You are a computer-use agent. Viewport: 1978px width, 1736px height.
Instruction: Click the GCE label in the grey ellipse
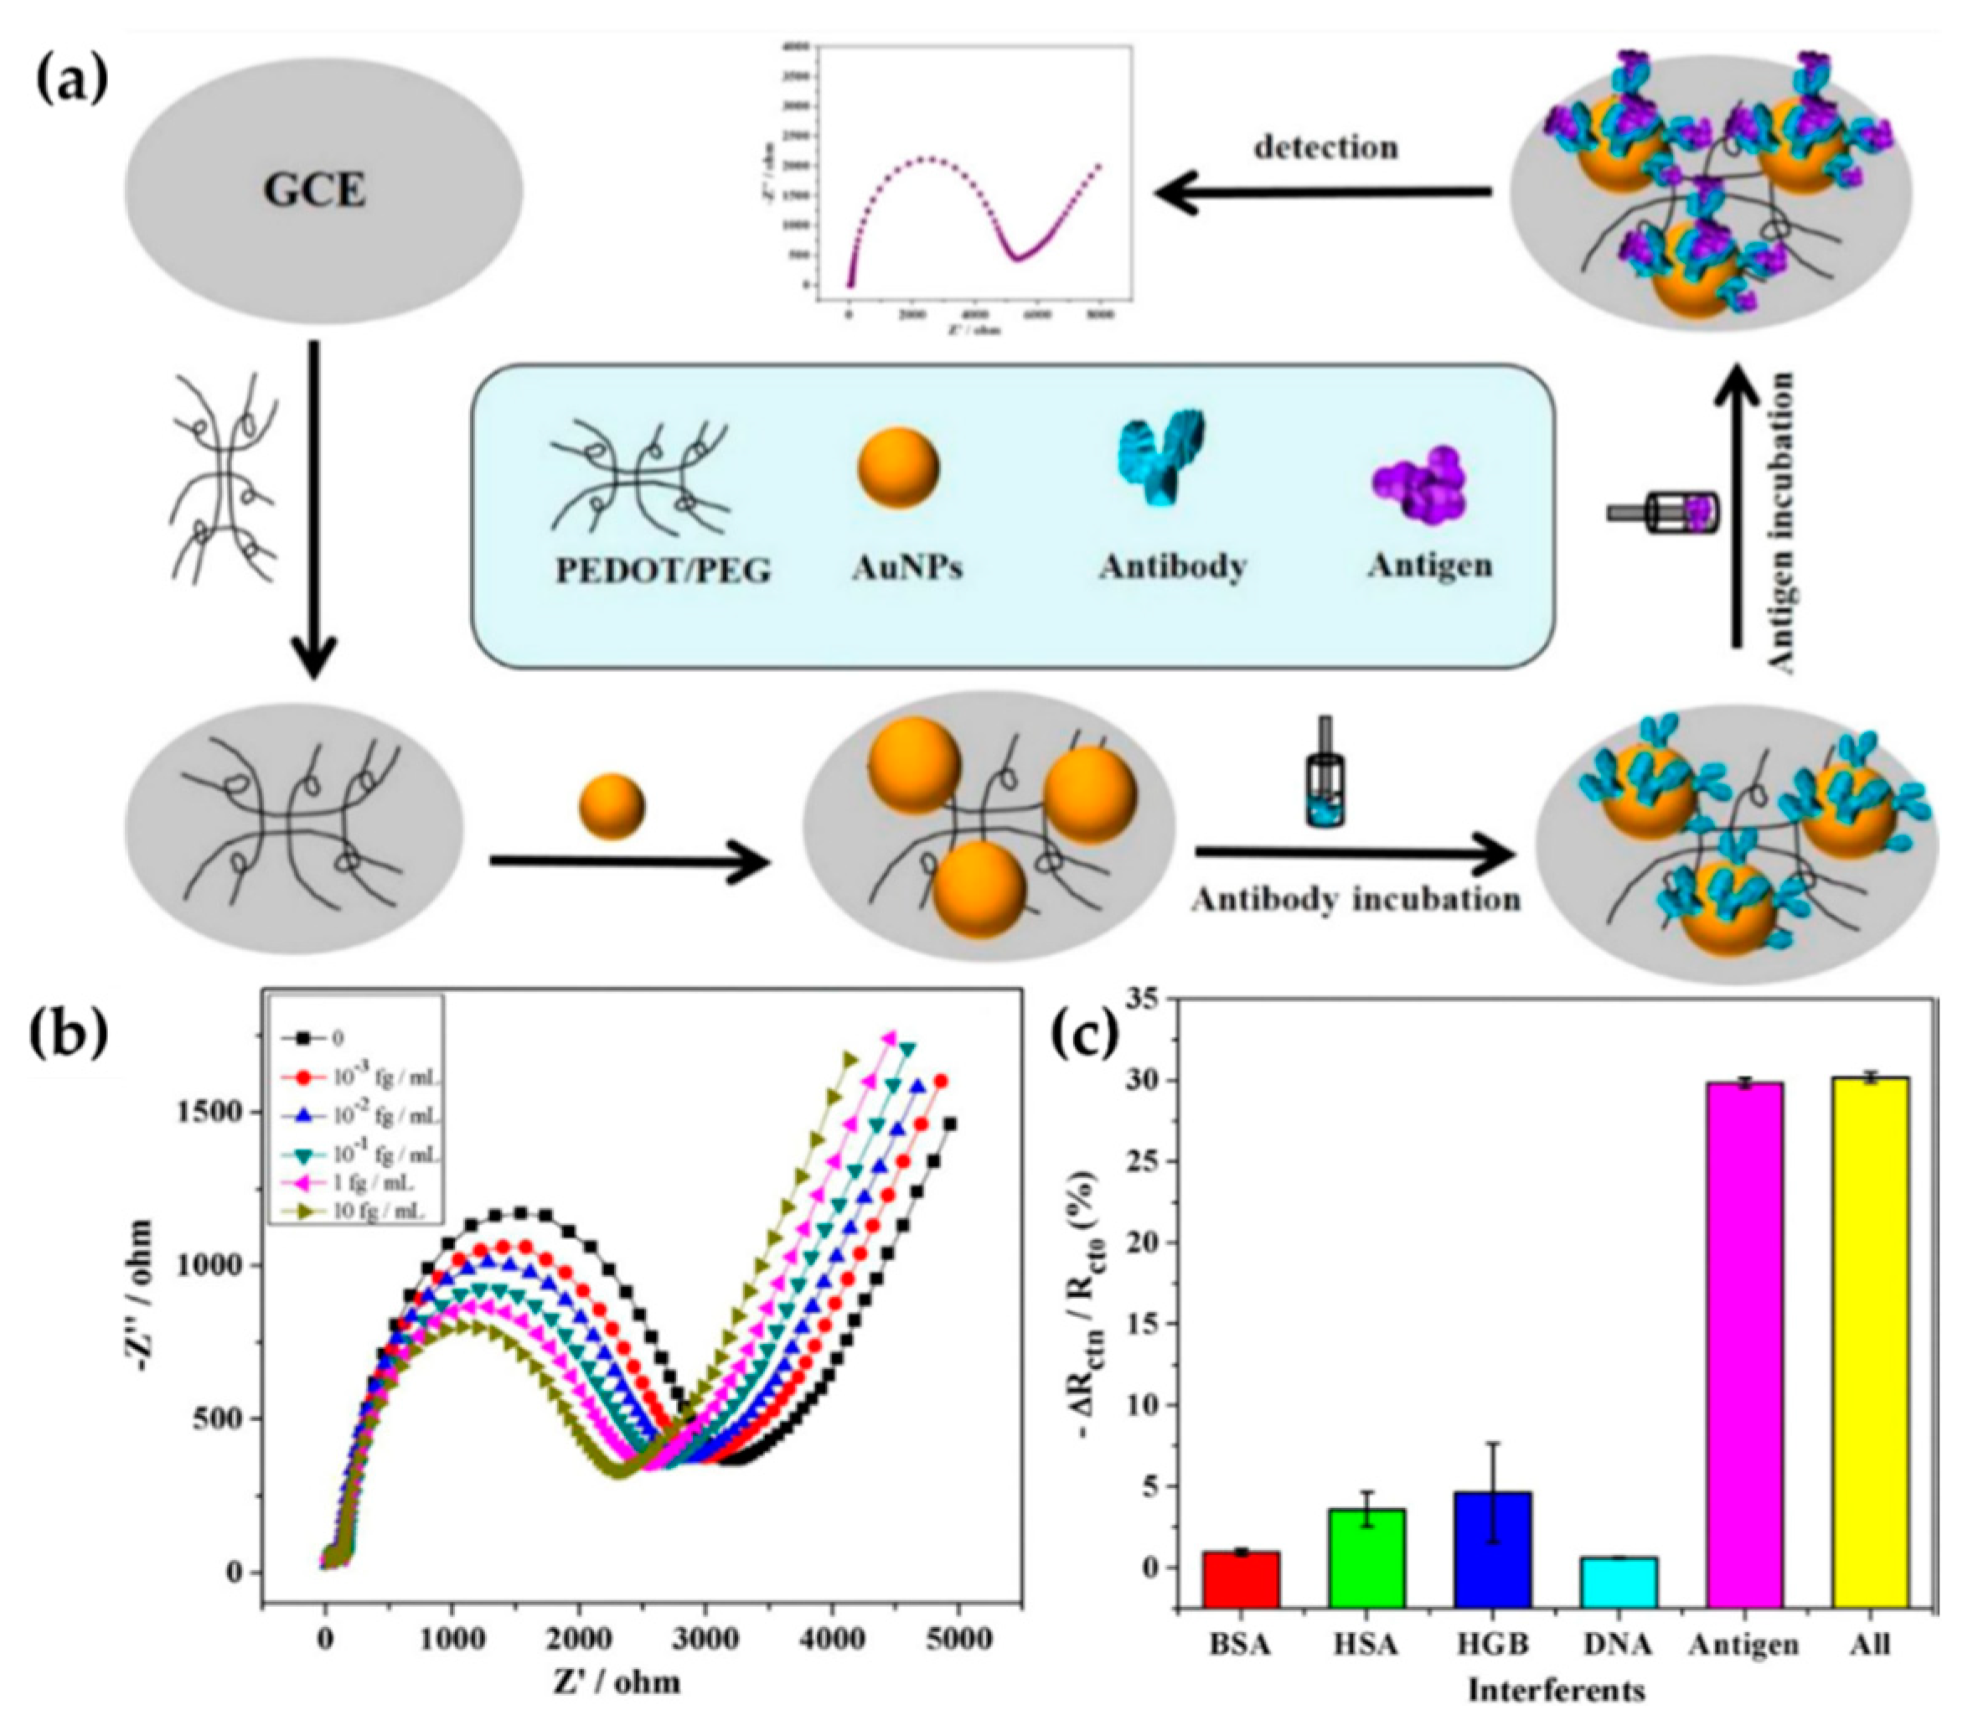[x=316, y=192]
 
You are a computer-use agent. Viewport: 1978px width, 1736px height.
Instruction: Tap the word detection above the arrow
[x=1325, y=147]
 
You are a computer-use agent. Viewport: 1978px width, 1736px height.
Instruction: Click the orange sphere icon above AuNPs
[x=898, y=468]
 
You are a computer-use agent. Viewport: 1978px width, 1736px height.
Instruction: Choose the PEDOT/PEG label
[x=663, y=570]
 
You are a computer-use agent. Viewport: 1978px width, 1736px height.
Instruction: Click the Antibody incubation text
[x=1355, y=899]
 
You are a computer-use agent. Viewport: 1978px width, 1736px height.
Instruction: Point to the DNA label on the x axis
[x=1619, y=1644]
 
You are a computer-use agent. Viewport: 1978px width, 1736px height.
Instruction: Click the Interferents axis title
[x=1556, y=1690]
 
